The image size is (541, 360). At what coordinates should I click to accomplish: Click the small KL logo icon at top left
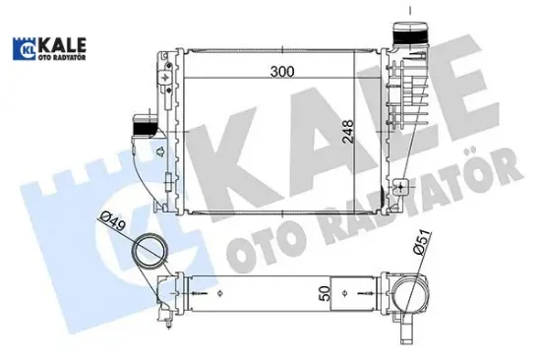(x=24, y=48)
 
